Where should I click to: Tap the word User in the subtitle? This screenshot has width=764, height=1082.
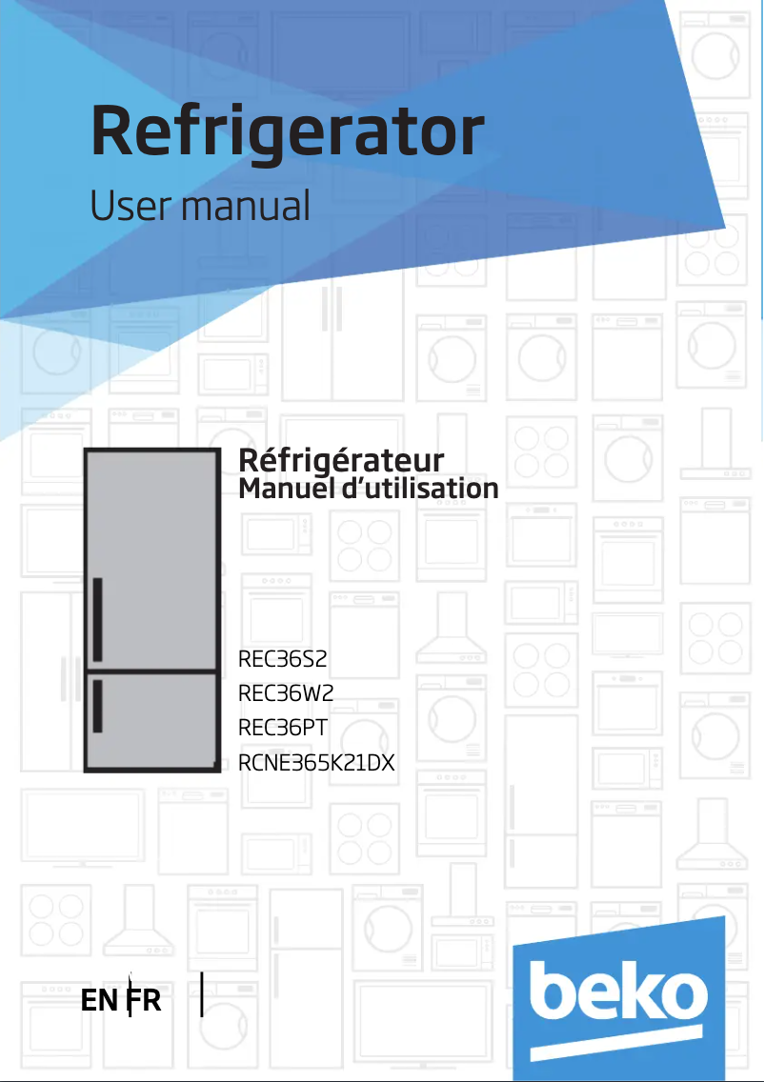pyautogui.click(x=129, y=206)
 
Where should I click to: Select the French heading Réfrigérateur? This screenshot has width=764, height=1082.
pyautogui.click(x=341, y=461)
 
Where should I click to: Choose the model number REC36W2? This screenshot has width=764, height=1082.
pyautogui.click(x=286, y=693)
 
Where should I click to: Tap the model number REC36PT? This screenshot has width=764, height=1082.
pyautogui.click(x=283, y=728)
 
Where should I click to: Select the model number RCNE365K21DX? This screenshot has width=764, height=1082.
pyautogui.click(x=316, y=762)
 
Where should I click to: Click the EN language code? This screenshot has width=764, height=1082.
pyautogui.click(x=100, y=1002)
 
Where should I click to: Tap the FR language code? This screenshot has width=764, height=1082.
pyautogui.click(x=145, y=1002)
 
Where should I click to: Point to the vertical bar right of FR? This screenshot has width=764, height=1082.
pyautogui.click(x=203, y=994)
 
